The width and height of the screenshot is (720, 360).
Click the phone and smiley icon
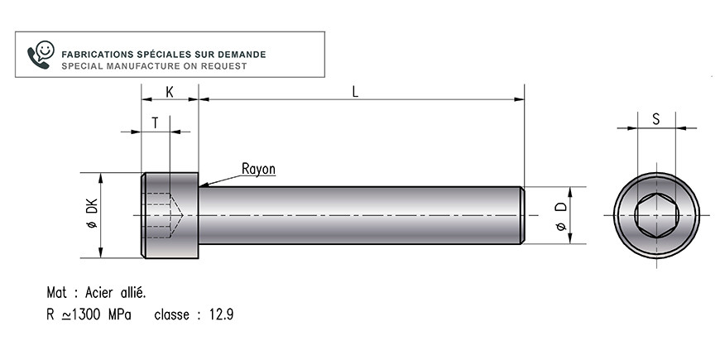(41, 55)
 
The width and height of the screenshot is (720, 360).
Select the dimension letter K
(170, 93)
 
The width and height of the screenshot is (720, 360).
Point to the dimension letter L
(355, 92)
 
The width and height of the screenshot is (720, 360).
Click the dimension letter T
(156, 123)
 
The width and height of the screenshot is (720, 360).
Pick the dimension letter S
(656, 119)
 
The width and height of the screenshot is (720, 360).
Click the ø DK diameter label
(93, 213)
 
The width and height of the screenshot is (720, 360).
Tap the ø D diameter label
(562, 216)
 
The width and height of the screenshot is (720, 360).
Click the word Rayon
(258, 169)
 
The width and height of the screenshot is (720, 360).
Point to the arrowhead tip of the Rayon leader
(200, 186)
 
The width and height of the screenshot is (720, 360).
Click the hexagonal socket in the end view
(656, 215)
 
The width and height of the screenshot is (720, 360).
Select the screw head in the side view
(170, 215)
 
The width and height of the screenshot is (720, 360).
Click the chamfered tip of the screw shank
(521, 215)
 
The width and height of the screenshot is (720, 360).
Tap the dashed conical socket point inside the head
(176, 215)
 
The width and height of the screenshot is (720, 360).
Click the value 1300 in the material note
(85, 315)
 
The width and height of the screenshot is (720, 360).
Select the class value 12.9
(221, 315)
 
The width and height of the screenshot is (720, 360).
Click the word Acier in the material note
(99, 292)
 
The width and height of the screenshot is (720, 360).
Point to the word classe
(172, 315)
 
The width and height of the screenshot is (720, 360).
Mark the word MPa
(119, 315)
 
